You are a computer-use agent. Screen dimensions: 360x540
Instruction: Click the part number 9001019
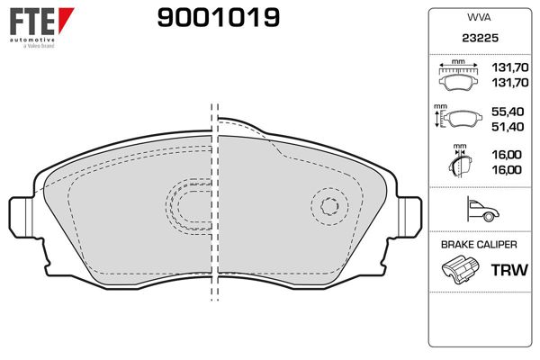pyautogui.click(x=218, y=17)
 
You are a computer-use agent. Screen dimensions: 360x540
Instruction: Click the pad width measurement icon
pyautogui.click(x=458, y=78)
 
